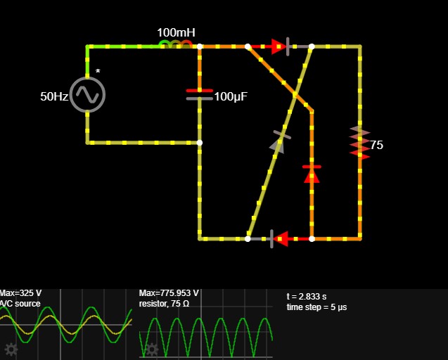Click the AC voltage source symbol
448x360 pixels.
(x=87, y=95)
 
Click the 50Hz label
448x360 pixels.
(x=54, y=96)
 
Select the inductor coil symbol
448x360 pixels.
(x=176, y=44)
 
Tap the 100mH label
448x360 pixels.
(x=177, y=32)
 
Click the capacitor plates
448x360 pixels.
(x=200, y=95)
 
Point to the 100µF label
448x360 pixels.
(x=231, y=96)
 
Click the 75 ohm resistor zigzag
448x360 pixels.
(x=359, y=142)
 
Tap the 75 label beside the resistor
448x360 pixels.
(x=376, y=145)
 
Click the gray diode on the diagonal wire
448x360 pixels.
(x=279, y=142)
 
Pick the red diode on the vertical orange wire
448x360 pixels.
(x=312, y=174)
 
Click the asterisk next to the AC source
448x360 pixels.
(x=98, y=72)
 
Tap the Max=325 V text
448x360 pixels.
(x=20, y=293)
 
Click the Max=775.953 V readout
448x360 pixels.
(x=169, y=293)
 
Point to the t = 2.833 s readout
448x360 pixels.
(x=307, y=297)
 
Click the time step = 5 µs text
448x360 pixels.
(x=317, y=307)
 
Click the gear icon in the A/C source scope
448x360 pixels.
(x=11, y=349)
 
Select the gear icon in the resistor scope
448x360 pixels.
(x=152, y=349)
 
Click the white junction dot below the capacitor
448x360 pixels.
(x=200, y=143)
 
